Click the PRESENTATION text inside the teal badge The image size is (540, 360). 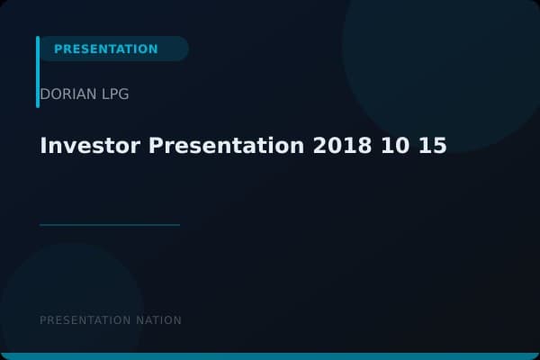click(x=105, y=49)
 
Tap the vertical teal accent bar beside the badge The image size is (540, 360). click(x=38, y=72)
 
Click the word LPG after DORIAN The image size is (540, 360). click(x=115, y=94)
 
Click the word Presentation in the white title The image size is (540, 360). click(x=224, y=146)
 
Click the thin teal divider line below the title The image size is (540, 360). click(x=110, y=225)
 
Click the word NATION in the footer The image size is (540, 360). click(x=158, y=320)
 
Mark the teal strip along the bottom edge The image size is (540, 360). click(x=270, y=356)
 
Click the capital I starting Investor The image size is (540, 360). click(x=43, y=146)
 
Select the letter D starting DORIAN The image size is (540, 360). click(x=45, y=94)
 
